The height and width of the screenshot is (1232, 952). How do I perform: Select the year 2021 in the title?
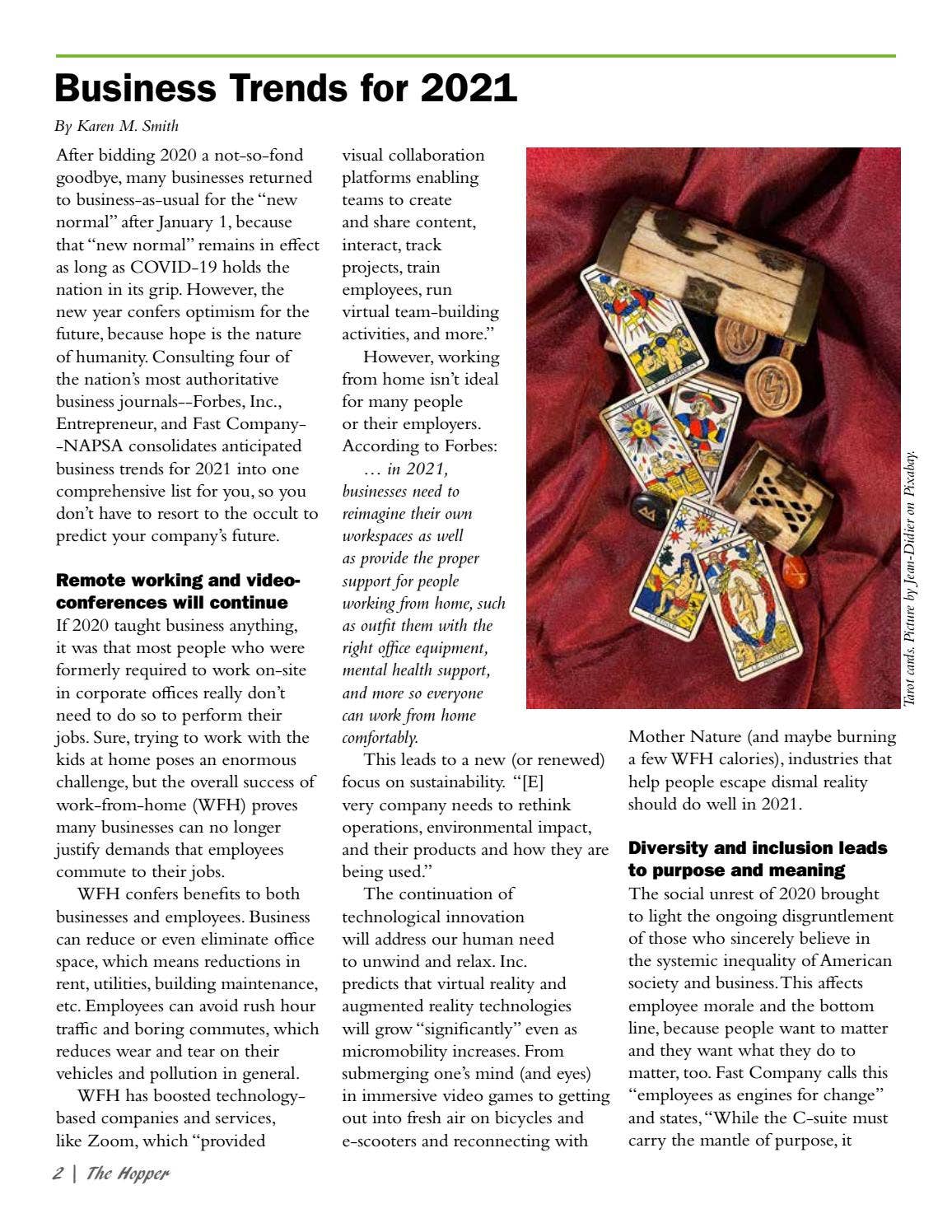pyautogui.click(x=469, y=87)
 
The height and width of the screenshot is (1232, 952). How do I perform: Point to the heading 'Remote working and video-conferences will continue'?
pyautogui.click(x=178, y=591)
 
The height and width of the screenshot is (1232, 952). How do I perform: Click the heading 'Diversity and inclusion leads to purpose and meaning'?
pyautogui.click(x=757, y=859)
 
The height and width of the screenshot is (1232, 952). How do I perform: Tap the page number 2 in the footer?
pyautogui.click(x=58, y=1174)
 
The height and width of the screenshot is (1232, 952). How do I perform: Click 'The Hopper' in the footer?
pyautogui.click(x=128, y=1174)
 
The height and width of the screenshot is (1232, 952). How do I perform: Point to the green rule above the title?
pyautogui.click(x=475, y=56)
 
